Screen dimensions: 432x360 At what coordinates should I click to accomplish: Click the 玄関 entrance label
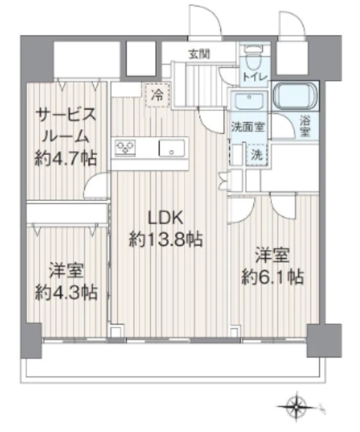click(198, 53)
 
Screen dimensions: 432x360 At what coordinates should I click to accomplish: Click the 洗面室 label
click(248, 126)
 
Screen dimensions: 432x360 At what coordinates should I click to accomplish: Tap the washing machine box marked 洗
click(256, 155)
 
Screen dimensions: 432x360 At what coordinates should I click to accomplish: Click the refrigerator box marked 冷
click(157, 94)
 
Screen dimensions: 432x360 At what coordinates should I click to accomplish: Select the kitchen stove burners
click(126, 148)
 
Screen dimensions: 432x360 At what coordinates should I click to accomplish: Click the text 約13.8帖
click(165, 239)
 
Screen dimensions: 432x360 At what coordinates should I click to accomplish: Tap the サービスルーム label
click(65, 125)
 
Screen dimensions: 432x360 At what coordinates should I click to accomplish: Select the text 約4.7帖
click(65, 159)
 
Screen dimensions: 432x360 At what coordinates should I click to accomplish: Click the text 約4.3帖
click(65, 292)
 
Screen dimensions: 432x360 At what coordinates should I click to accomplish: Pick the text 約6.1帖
click(272, 277)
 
